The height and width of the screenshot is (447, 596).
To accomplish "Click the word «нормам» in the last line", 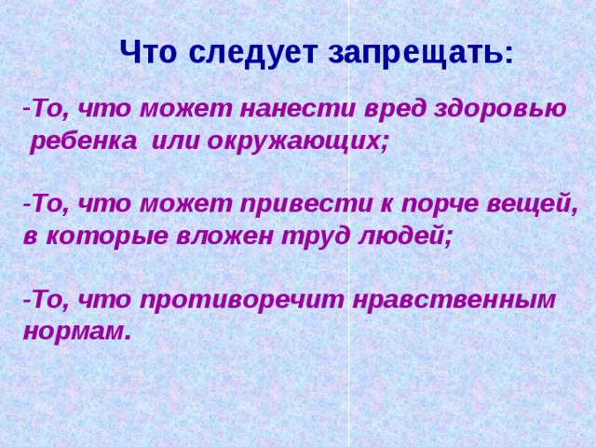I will click(74, 332).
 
